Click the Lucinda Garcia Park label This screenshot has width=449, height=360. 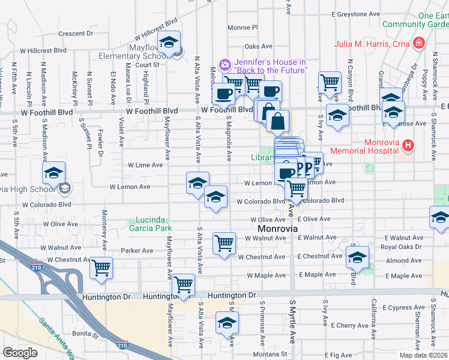tap(150, 223)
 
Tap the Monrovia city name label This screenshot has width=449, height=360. tap(278, 229)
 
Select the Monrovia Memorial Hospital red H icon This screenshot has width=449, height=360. tap(408, 145)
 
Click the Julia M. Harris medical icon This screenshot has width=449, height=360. tap(419, 43)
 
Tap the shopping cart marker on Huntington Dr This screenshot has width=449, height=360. tap(182, 284)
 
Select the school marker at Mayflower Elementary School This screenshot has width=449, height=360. tap(169, 43)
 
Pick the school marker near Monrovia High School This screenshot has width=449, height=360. tap(53, 173)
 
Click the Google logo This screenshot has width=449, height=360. tap(20, 353)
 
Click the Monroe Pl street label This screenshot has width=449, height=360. tap(243, 28)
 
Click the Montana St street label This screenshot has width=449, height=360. tap(267, 354)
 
